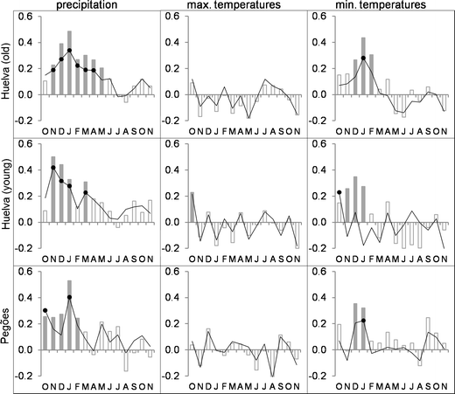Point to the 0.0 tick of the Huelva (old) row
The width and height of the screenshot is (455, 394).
[24, 94]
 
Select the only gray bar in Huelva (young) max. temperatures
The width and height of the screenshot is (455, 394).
[192, 207]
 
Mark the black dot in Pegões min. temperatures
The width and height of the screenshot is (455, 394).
[362, 321]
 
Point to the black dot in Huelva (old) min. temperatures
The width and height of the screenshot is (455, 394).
[362, 59]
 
